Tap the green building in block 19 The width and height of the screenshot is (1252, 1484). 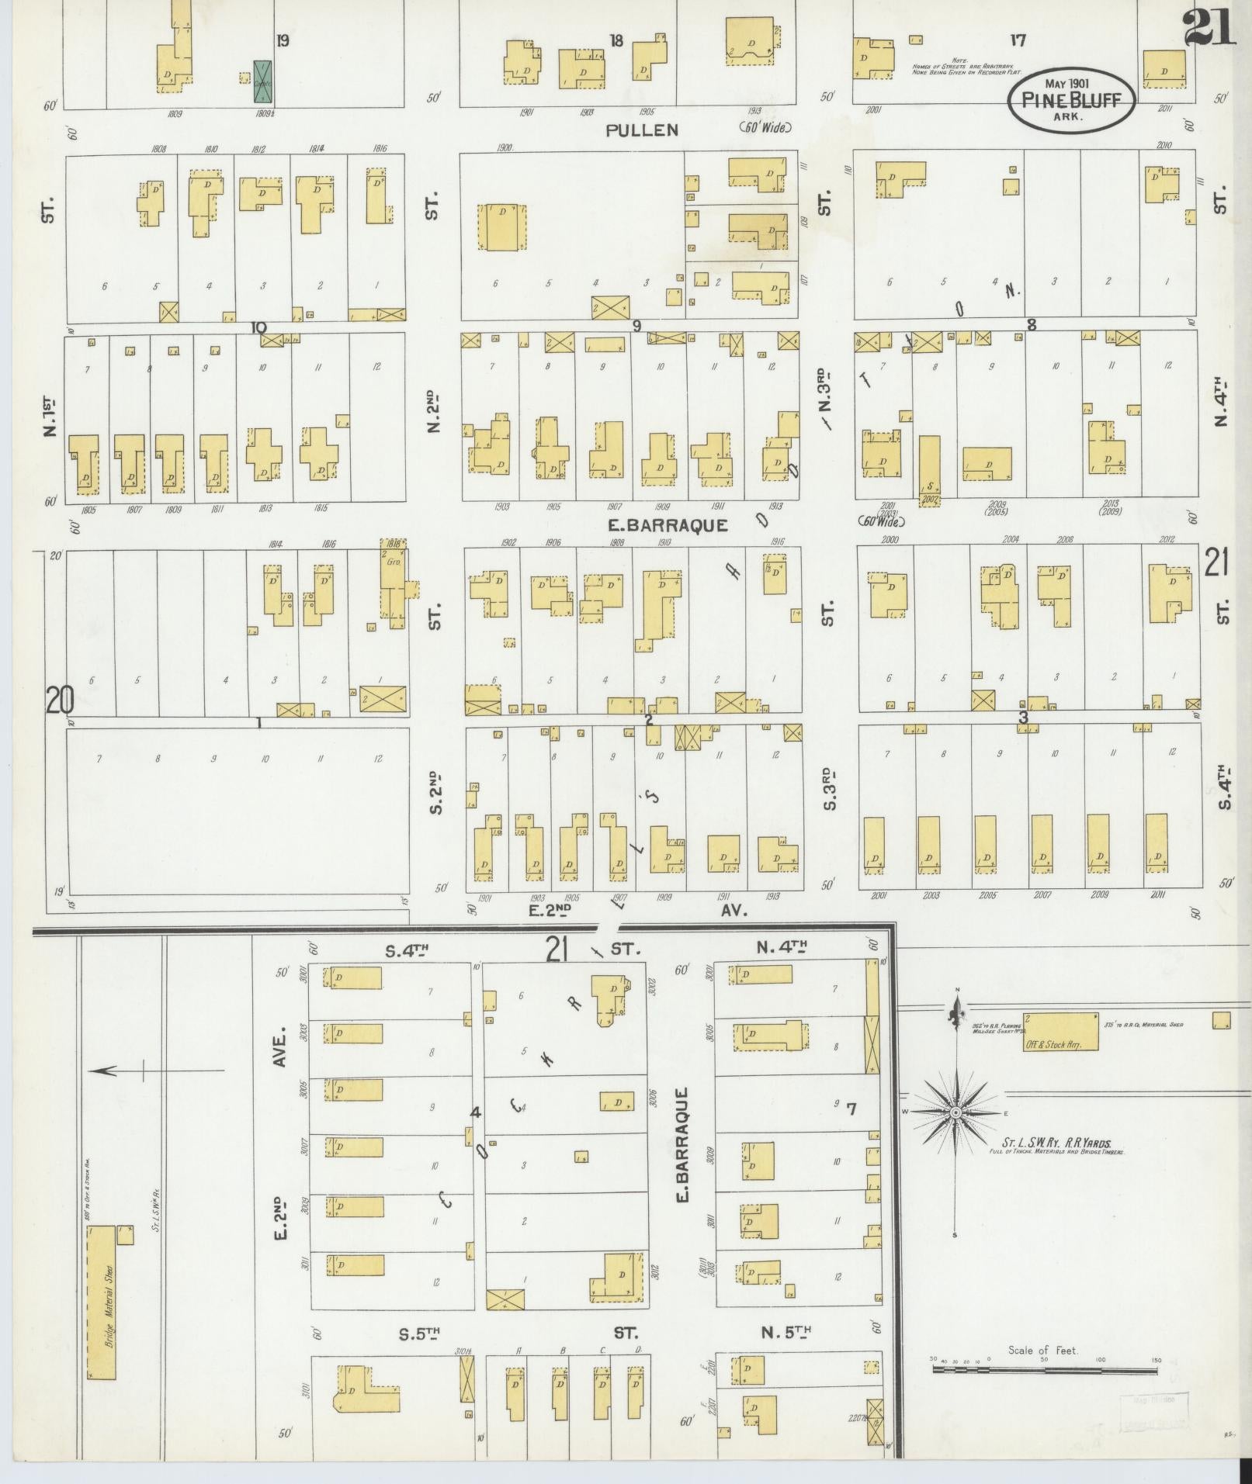pyautogui.click(x=263, y=81)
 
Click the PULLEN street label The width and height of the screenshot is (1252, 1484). pyautogui.click(x=642, y=130)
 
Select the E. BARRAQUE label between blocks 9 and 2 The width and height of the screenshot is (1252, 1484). pyautogui.click(x=668, y=525)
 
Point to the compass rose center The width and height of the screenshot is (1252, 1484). pyautogui.click(x=955, y=1112)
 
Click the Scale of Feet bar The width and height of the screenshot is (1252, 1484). pyautogui.click(x=1044, y=1370)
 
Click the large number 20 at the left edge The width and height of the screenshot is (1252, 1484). pyautogui.click(x=60, y=700)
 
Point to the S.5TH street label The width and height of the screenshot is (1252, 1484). pyautogui.click(x=420, y=1334)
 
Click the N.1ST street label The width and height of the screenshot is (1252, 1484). pyautogui.click(x=50, y=416)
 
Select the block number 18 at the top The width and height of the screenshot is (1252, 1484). pyautogui.click(x=616, y=41)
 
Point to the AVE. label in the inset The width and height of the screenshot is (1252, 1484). pyautogui.click(x=280, y=1046)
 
